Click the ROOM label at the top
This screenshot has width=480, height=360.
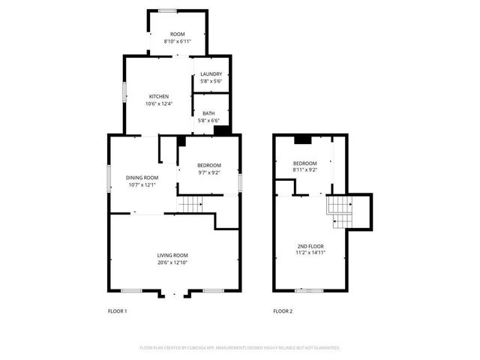[x=177, y=34]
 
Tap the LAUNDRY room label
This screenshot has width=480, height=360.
[x=211, y=73]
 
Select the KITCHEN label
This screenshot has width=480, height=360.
[x=158, y=96]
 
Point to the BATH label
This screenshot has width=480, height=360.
[x=208, y=113]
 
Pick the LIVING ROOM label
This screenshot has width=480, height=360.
[x=172, y=256]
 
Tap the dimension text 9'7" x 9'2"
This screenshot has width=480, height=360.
[x=208, y=172]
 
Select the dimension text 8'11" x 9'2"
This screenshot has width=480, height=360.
[x=305, y=170]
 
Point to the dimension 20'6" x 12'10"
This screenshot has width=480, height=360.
[x=172, y=262]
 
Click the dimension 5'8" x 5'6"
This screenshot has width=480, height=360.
[x=211, y=80]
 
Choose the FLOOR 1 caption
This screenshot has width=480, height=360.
[x=118, y=310]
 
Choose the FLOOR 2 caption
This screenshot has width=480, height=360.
[x=282, y=310]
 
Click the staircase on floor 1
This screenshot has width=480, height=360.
[x=192, y=203]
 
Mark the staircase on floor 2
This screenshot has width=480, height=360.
[x=342, y=211]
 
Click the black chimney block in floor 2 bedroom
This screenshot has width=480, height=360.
[x=302, y=139]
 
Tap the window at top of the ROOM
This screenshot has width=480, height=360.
[x=167, y=10]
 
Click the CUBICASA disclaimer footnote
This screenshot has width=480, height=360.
[x=240, y=348]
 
